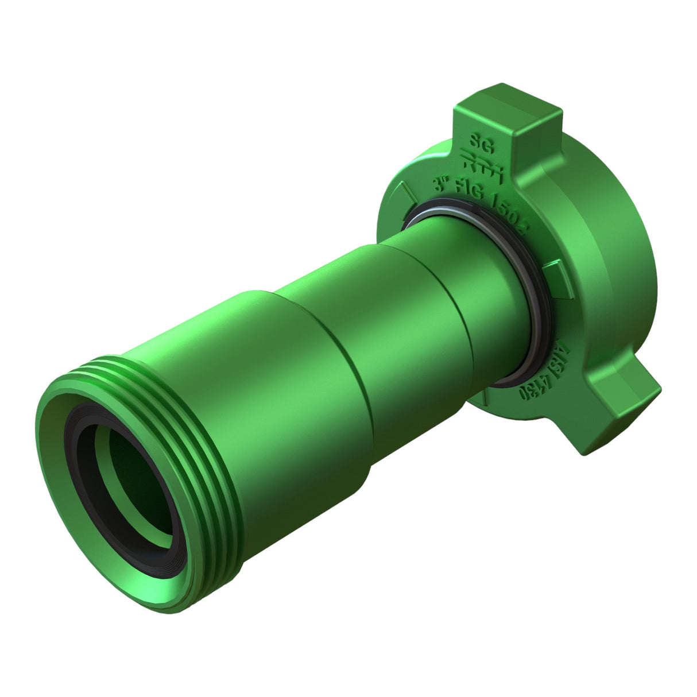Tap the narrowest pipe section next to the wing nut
click(x=488, y=299)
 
